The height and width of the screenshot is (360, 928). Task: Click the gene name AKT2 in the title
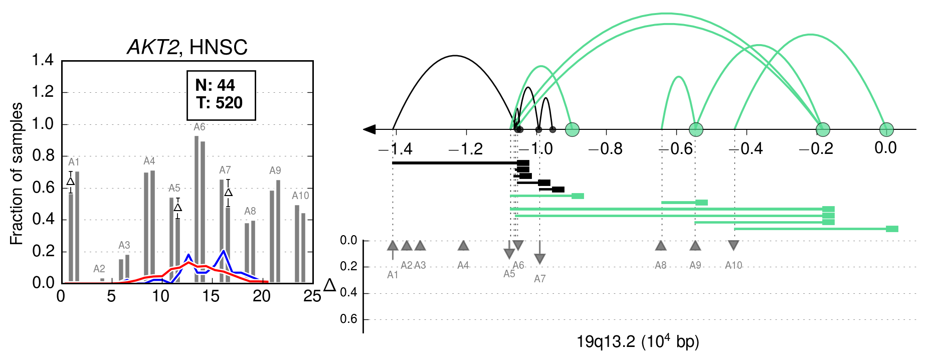(x=152, y=47)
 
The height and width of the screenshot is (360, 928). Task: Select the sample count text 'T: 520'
(x=220, y=103)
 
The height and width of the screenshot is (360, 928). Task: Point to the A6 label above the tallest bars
(x=200, y=127)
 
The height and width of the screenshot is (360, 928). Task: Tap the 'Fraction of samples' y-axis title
(x=17, y=173)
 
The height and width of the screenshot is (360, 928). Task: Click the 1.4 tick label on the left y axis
(x=43, y=60)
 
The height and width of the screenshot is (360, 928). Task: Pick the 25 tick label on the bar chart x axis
(x=312, y=296)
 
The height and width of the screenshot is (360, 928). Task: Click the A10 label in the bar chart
(x=301, y=196)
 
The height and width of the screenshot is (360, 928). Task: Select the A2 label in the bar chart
(x=99, y=269)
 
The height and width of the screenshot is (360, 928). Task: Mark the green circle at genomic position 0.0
(x=886, y=129)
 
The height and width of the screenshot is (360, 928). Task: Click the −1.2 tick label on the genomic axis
(x=466, y=149)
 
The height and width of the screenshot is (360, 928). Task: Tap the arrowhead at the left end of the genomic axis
(x=369, y=129)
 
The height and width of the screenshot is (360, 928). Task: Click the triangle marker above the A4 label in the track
(x=463, y=245)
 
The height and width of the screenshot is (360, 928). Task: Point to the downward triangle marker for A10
(x=733, y=245)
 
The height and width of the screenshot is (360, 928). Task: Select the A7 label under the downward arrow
(x=539, y=279)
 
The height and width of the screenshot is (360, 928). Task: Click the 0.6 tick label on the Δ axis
(x=348, y=319)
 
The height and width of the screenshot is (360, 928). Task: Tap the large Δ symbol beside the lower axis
(x=330, y=286)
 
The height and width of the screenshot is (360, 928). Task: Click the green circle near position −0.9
(x=572, y=130)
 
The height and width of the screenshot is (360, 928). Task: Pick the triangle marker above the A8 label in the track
(x=661, y=245)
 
